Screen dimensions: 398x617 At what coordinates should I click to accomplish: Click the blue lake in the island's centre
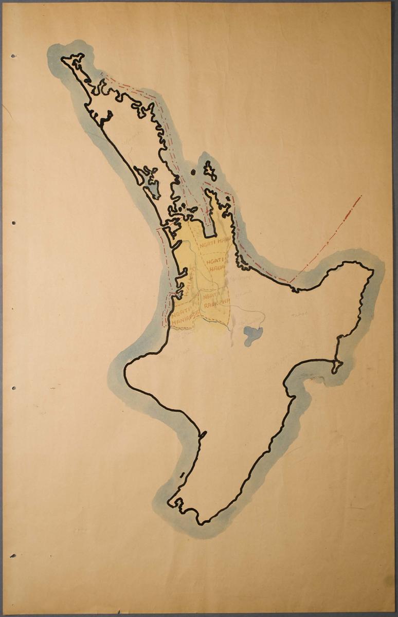(x=253, y=335)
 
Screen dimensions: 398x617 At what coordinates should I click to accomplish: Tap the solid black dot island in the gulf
(x=193, y=173)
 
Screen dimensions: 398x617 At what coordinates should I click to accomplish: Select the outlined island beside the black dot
(x=210, y=171)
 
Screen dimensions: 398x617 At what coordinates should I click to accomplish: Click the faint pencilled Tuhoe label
(x=299, y=314)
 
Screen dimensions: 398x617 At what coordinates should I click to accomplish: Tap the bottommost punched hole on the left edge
(x=12, y=556)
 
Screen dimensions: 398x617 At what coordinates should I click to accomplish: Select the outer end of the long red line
(x=361, y=196)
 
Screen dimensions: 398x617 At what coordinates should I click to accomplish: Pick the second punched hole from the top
(x=13, y=223)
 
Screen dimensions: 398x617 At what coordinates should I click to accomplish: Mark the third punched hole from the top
(x=13, y=388)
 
